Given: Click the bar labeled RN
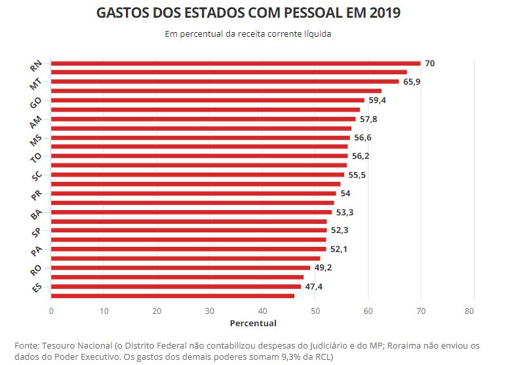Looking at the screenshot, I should coord(235,64).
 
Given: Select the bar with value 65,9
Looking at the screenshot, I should coord(225,82).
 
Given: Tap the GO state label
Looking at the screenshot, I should coord(36,103).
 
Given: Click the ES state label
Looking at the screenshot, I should coord(37,289).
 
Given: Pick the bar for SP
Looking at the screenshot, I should coord(189,230).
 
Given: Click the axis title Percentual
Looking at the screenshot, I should coord(253,323).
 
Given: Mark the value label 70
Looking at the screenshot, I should coord(429,64).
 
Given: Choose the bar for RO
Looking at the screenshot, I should coord(181,268).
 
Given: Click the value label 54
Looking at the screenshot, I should coord(345,194).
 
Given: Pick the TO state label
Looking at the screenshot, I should coord(37,158).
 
